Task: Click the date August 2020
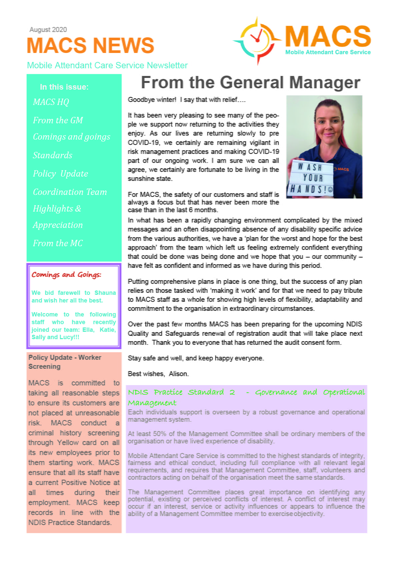tap(48, 30)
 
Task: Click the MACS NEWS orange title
tap(90, 45)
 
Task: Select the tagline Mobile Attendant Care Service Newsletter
tap(107, 65)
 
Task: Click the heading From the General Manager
tap(250, 82)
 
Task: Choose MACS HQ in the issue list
tap(51, 102)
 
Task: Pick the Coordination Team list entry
tap(70, 192)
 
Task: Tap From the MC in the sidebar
tap(58, 243)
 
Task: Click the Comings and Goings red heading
tap(66, 275)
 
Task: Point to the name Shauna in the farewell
tap(105, 292)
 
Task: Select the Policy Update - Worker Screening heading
tap(65, 362)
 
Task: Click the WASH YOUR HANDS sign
tap(311, 178)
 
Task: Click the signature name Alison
tap(178, 374)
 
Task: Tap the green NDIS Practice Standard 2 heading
tap(246, 397)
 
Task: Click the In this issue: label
tap(64, 87)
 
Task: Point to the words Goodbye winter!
tap(152, 100)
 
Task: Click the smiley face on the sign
tap(330, 189)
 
